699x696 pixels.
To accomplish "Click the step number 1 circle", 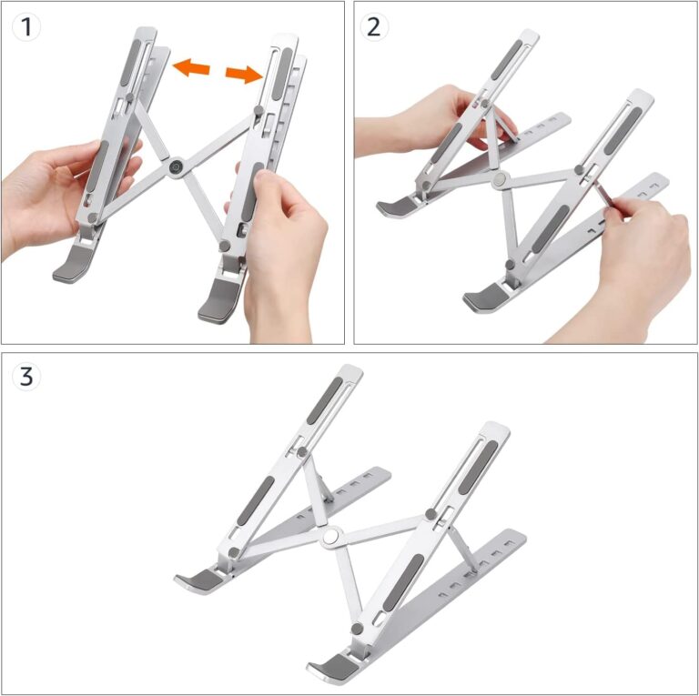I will (27, 26).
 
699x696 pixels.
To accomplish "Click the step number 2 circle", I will (373, 26).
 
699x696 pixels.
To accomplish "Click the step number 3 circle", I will (27, 376).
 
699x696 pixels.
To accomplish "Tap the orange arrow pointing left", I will (191, 66).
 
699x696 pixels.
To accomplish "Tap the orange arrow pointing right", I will (243, 74).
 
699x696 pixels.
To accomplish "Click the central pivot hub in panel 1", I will (174, 167).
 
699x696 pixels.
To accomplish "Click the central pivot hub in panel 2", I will (499, 181).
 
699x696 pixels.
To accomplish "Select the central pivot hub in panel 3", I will (331, 537).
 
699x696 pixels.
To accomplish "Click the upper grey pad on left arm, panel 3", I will (324, 400).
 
